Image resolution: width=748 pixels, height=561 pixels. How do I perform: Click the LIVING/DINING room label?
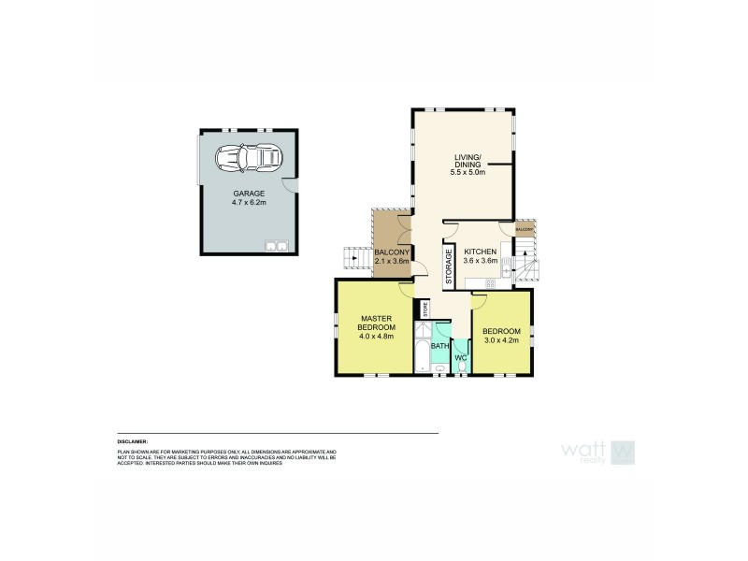pos(464,162)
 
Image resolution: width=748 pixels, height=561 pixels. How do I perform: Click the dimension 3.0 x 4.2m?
pos(501,339)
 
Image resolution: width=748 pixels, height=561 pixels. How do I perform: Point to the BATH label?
pos(439,346)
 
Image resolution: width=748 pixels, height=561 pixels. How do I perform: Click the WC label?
pos(461,357)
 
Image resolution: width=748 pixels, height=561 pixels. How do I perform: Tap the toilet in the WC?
pos(461,371)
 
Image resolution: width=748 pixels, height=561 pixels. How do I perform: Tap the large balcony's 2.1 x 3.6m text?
pos(391,263)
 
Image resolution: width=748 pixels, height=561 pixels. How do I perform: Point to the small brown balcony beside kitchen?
pos(524,228)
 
